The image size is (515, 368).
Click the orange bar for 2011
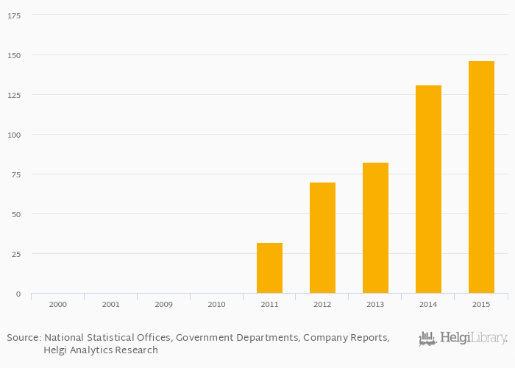269,268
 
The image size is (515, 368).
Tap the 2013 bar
375,228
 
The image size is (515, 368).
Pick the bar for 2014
428,189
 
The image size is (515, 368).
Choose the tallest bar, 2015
481,177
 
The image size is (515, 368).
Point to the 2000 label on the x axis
57,304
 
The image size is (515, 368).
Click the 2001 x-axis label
110,304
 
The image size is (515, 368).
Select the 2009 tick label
163,304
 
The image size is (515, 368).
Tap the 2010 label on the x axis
216,304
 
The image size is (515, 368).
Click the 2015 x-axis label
481,304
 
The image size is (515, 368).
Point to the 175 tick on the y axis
14,15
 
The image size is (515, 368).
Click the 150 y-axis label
14,55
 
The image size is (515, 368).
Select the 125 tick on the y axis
14,95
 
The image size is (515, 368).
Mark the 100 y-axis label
14,135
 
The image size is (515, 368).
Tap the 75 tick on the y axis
16,174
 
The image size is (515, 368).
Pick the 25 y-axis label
16,254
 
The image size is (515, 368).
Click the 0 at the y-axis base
18,294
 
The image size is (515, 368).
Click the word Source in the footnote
23,338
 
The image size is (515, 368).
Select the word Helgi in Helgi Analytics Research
56,350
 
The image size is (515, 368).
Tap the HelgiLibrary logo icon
427,339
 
